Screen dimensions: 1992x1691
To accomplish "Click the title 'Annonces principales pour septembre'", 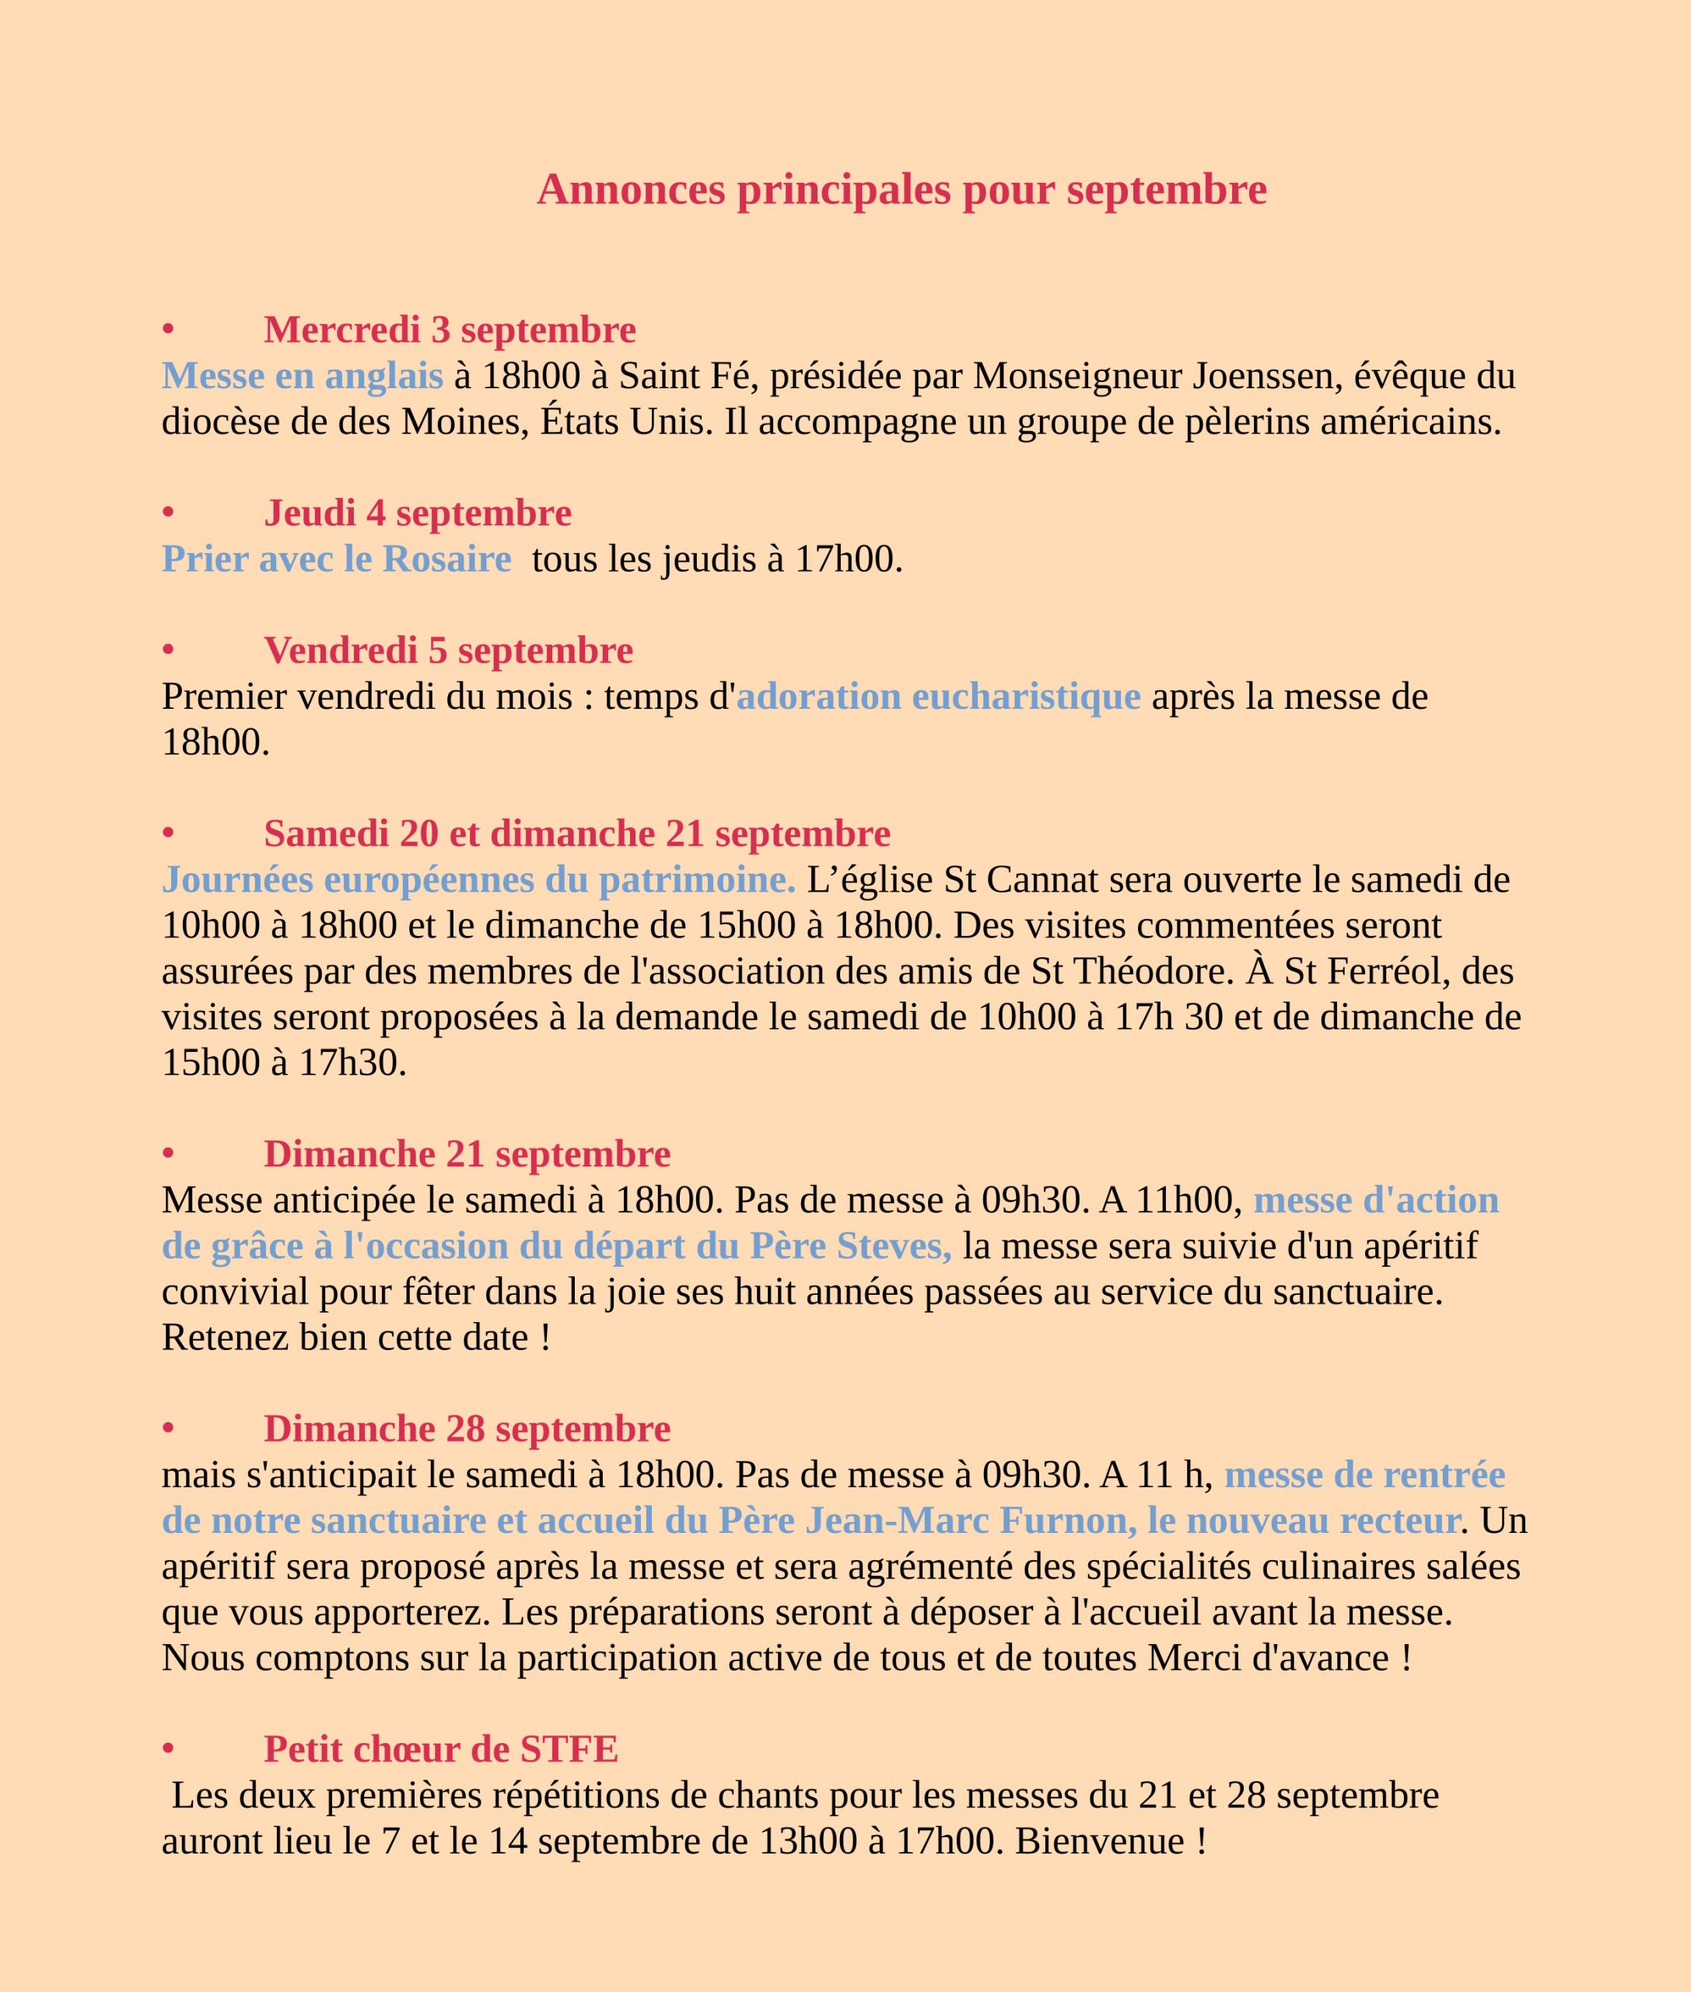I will [901, 190].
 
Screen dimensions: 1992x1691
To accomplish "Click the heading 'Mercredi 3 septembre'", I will [450, 330].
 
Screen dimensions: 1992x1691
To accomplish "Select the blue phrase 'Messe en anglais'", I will [302, 376].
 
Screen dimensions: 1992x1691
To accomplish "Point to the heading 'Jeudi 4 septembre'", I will [417, 513].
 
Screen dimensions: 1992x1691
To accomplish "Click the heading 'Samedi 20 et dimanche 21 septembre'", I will [577, 833].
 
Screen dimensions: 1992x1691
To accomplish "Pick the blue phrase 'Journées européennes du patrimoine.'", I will [478, 879].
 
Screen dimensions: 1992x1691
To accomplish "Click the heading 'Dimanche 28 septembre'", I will [467, 1429].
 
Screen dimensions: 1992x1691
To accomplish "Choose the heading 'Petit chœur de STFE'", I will [441, 1749].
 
